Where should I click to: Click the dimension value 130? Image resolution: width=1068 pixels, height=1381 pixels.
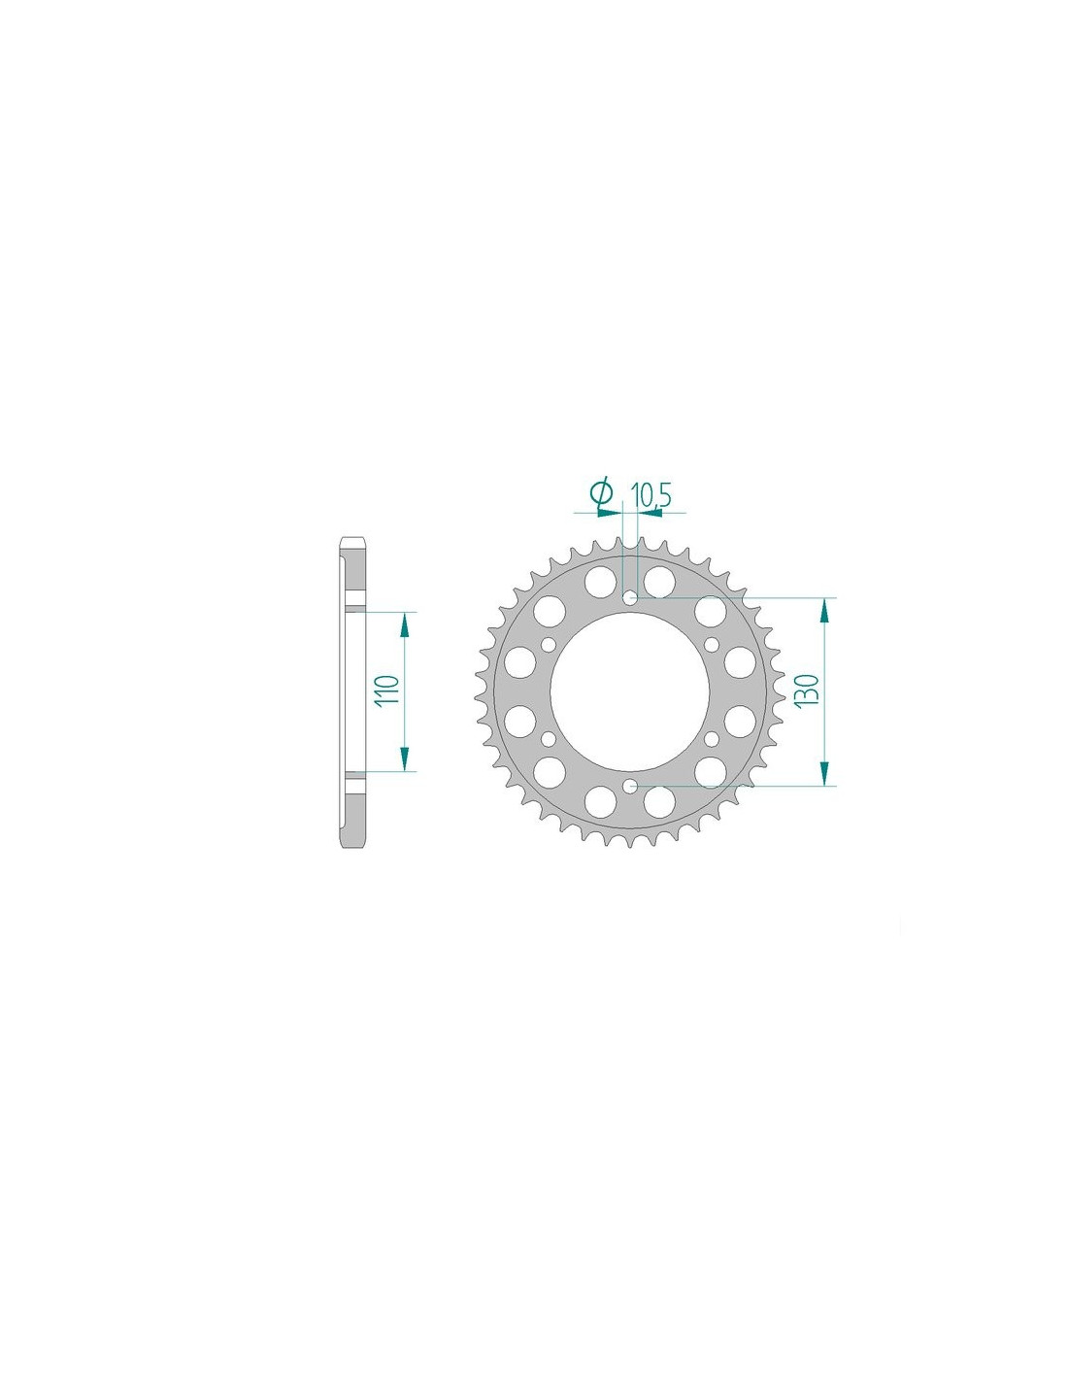(806, 691)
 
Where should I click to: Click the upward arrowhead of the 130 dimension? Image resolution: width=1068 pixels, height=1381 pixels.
(824, 612)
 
